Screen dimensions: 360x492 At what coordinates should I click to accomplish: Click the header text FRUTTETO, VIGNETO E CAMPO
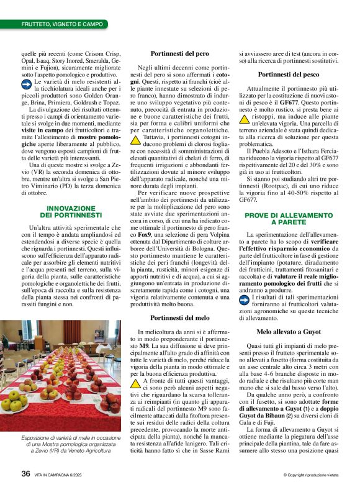(61, 24)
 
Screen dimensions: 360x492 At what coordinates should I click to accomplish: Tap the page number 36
(25, 473)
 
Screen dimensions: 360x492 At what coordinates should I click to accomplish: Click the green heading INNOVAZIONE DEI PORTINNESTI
(70, 211)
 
